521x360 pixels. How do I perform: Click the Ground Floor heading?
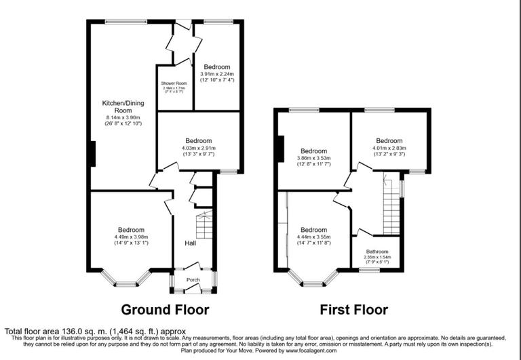tap(165, 310)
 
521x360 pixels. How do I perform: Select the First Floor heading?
tap(354, 310)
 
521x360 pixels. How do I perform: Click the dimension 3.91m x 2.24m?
tap(217, 73)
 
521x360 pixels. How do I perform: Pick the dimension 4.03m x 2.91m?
tap(198, 147)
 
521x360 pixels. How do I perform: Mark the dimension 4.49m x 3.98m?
tap(130, 236)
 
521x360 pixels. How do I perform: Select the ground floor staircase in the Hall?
tap(204, 224)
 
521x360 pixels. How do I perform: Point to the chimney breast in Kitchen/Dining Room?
tap(92, 153)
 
